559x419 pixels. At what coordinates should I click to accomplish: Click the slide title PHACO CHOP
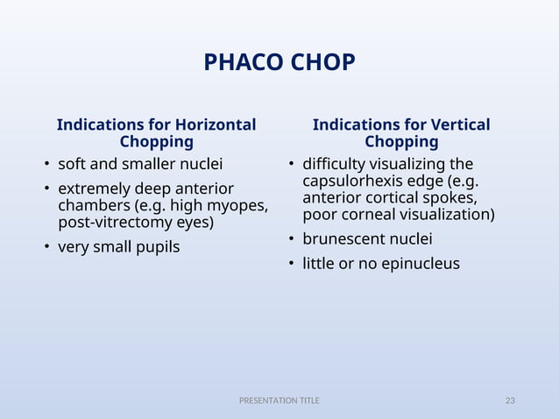279,63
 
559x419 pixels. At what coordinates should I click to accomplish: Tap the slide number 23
510,401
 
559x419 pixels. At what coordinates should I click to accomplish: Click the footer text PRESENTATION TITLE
279,401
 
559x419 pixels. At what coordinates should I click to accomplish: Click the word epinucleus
417,263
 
